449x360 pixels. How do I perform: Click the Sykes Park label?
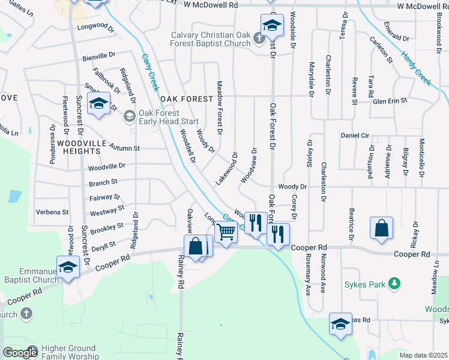pos(364,284)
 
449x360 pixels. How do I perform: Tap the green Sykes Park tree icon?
pos(394,283)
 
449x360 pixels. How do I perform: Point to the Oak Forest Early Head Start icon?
pos(129,116)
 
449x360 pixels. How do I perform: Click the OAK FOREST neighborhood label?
pos(187,98)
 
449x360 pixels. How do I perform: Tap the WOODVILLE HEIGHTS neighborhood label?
pos(82,148)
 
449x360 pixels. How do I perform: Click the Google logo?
pos(20,353)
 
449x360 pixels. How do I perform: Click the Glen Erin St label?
pos(390,101)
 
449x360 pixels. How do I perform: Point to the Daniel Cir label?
pos(354,136)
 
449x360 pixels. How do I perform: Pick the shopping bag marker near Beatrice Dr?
pos(382,228)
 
